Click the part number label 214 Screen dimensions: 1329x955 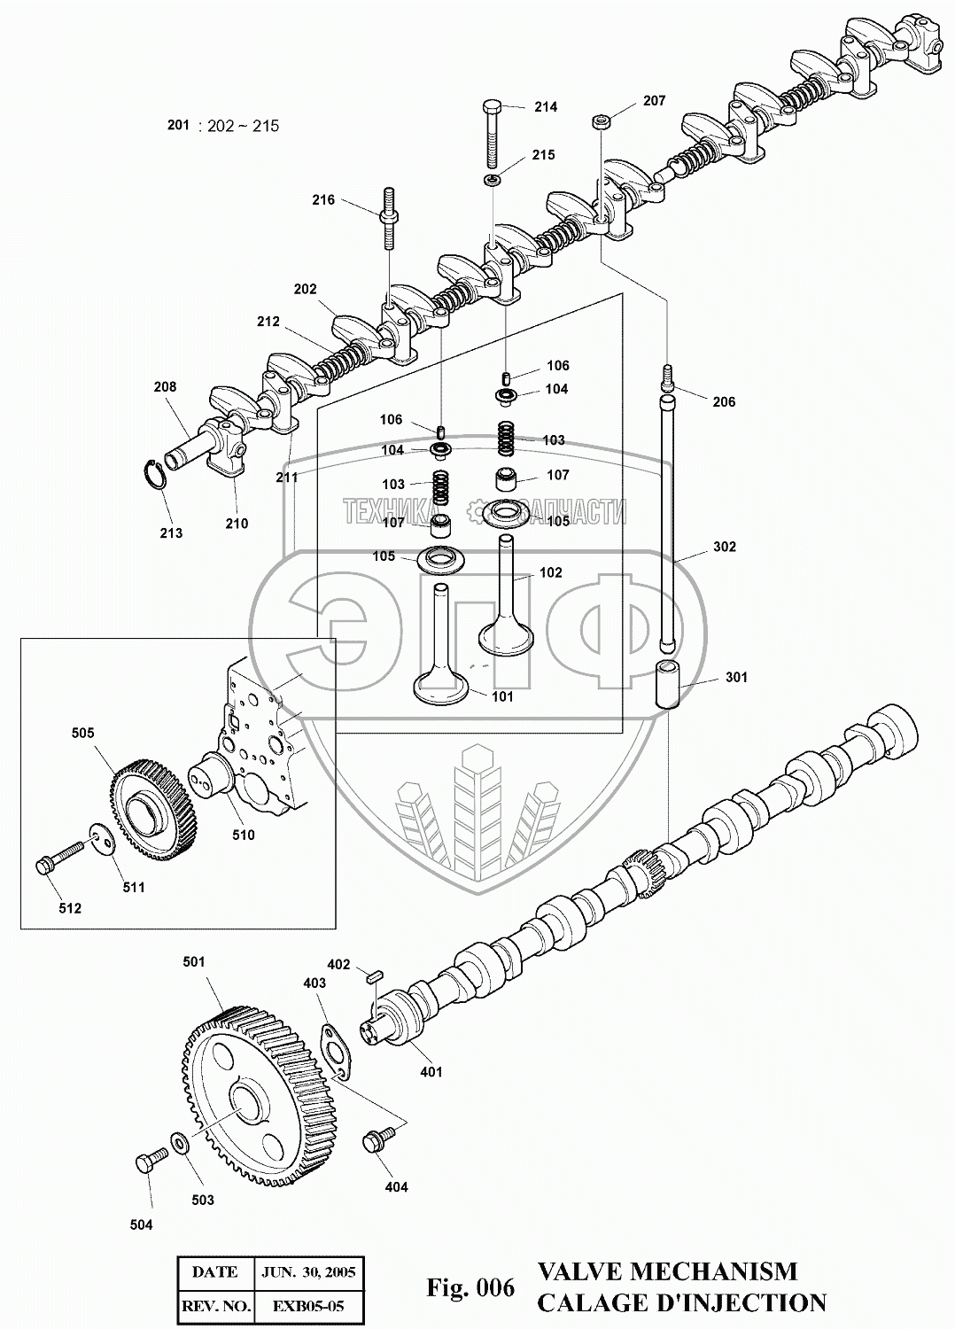point(546,107)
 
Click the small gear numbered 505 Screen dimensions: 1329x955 point(155,805)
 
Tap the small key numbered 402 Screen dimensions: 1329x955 point(374,977)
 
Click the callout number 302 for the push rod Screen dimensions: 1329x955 point(724,548)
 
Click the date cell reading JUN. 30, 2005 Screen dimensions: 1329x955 point(308,1272)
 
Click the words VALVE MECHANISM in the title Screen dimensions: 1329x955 point(667,1271)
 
